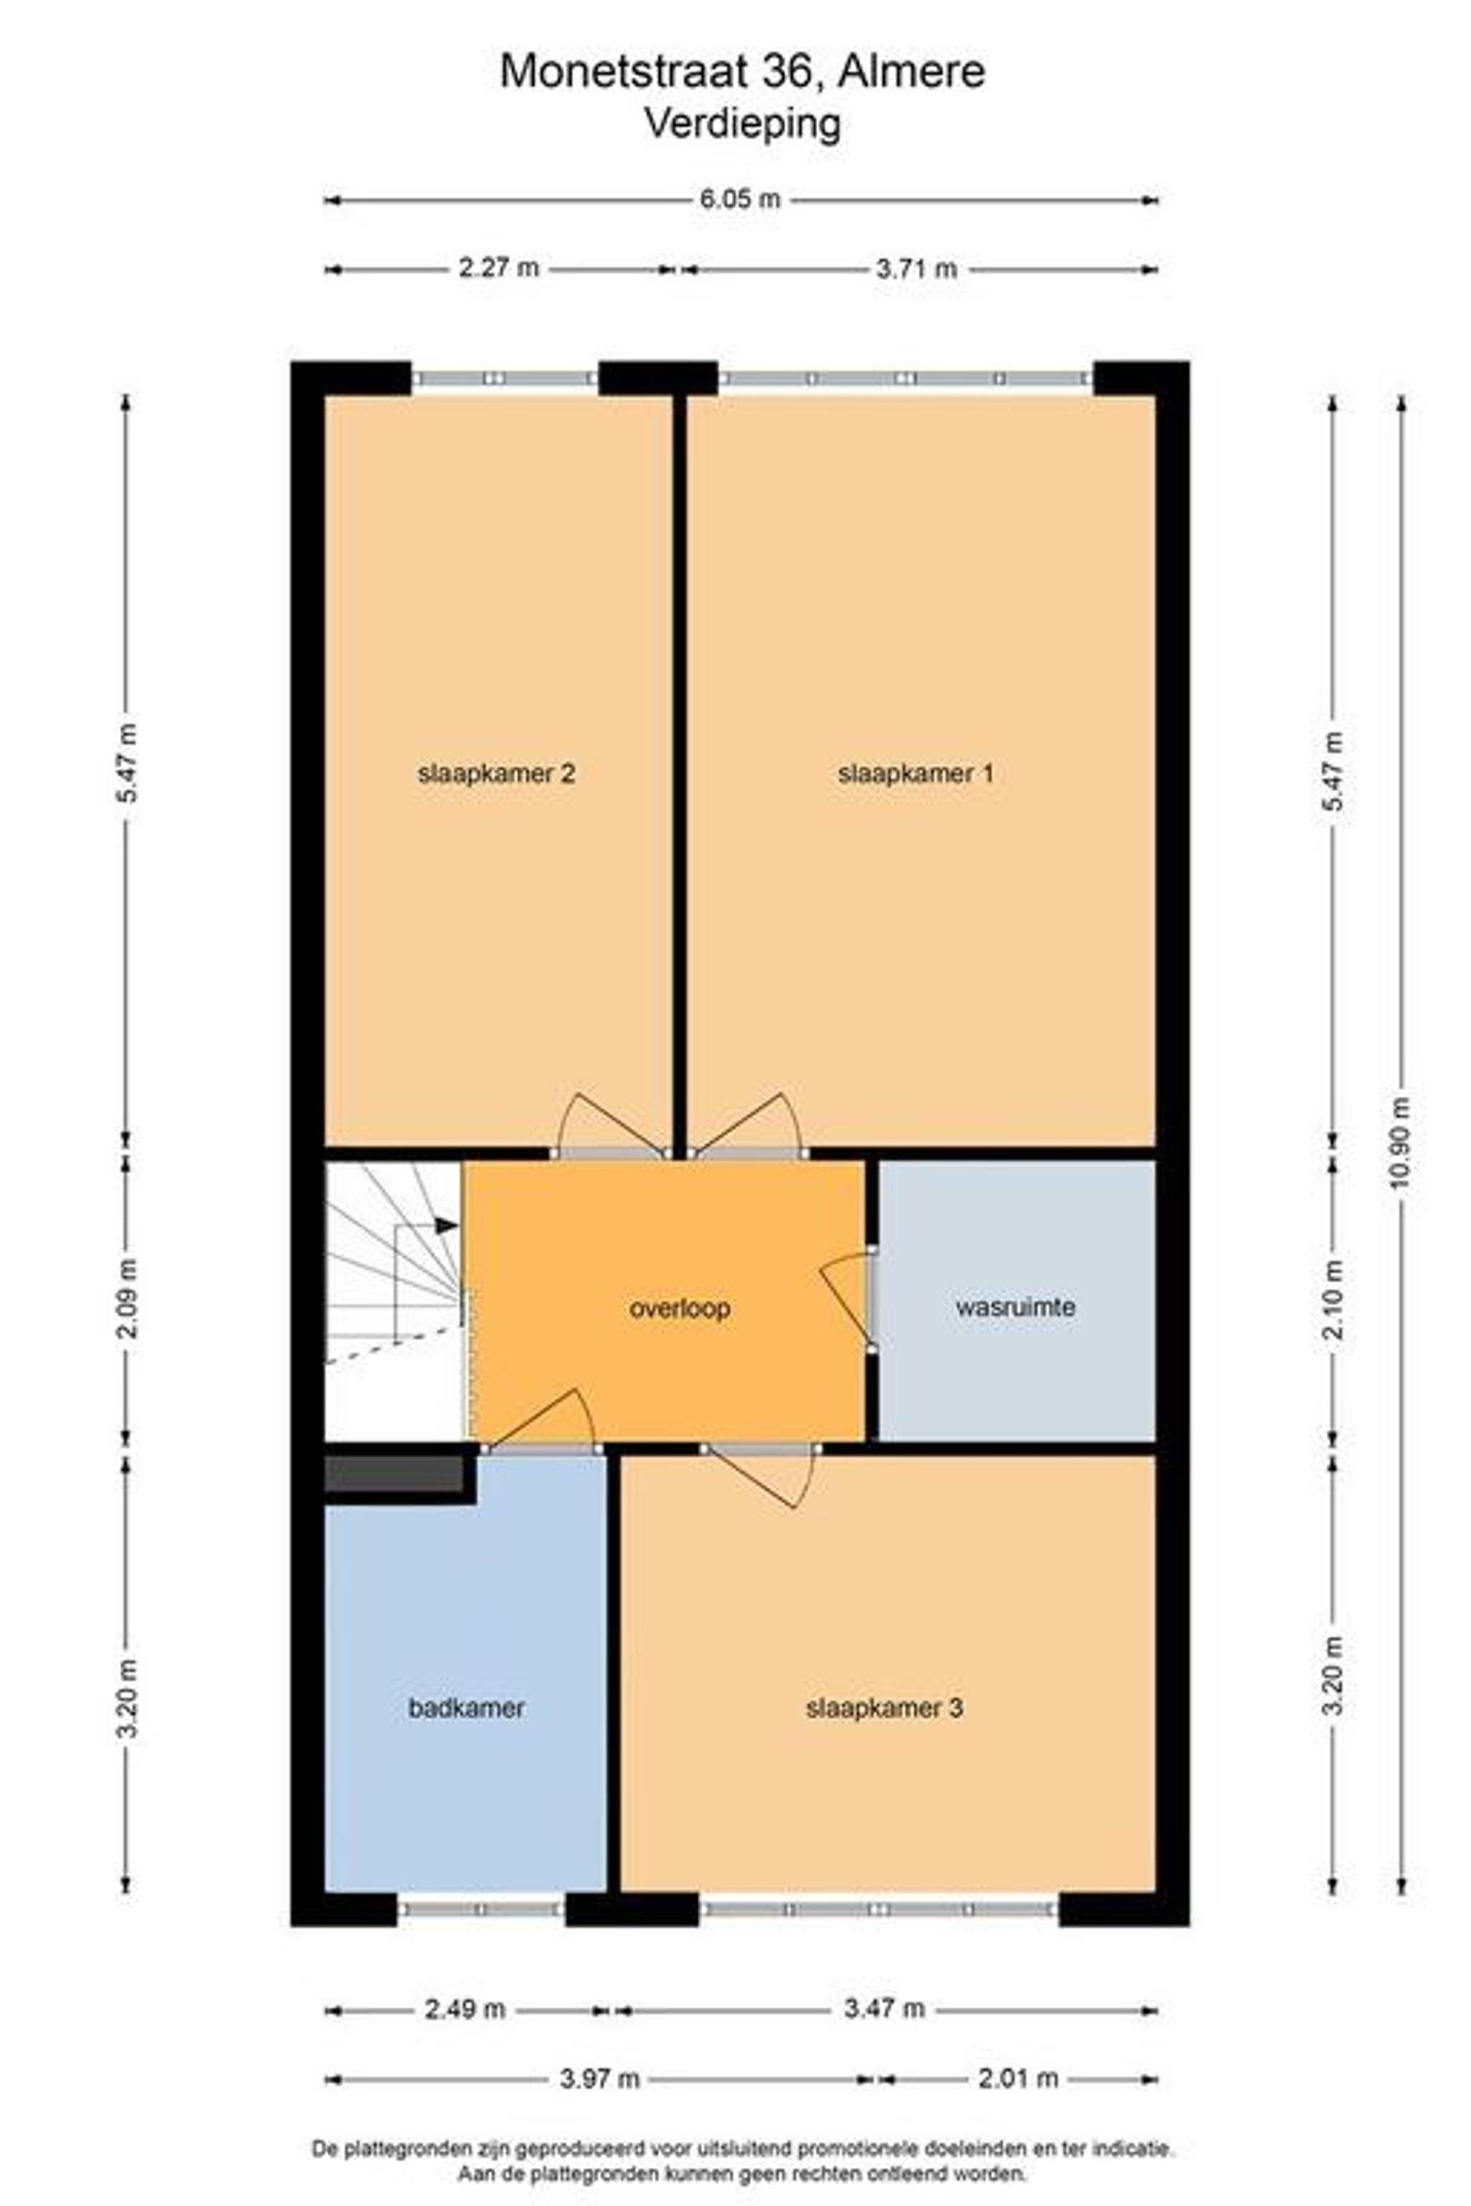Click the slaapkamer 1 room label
tap(915, 773)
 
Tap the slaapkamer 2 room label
tap(496, 773)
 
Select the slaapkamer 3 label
tap(884, 1708)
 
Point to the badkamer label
tap(466, 1708)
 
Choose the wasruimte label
tap(1015, 1307)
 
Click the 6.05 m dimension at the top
tap(740, 199)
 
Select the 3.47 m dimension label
tap(884, 2009)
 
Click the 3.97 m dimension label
tap(599, 2079)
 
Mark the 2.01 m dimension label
tap(1018, 2079)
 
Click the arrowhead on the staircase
tap(447, 1226)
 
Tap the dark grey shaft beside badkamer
tap(394, 1473)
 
